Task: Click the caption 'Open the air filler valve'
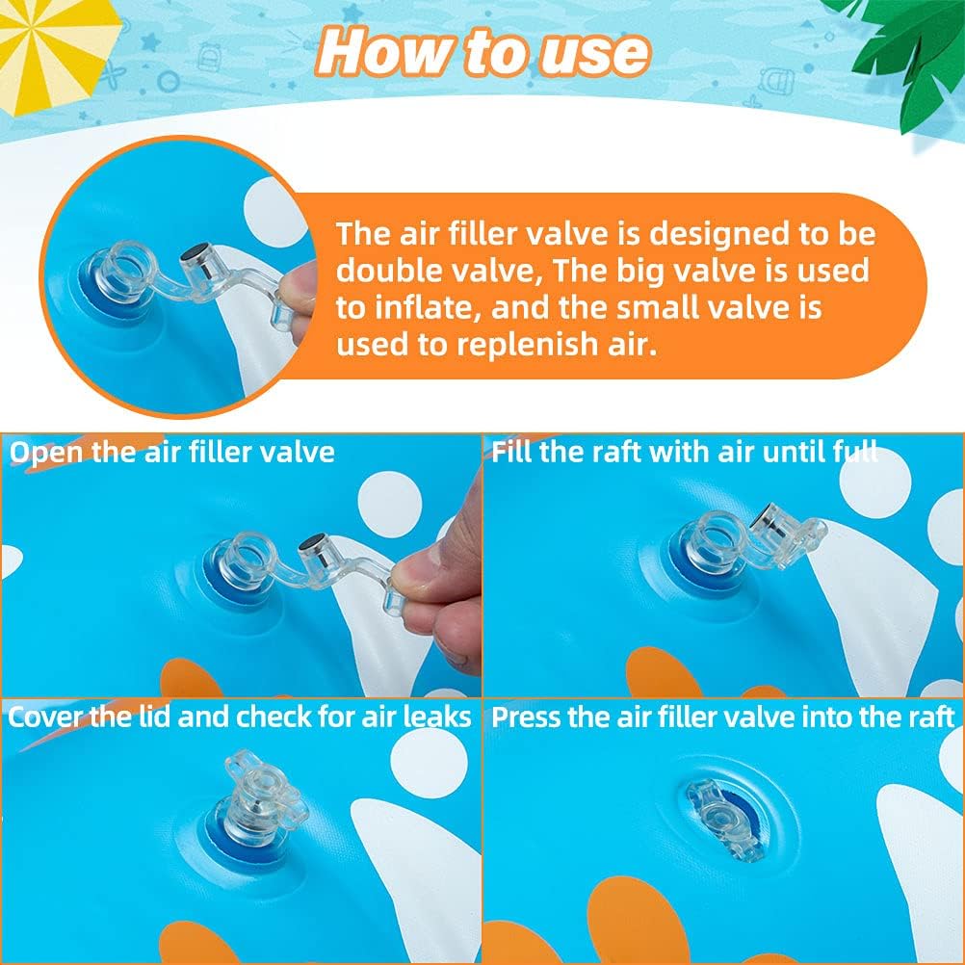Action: (x=171, y=452)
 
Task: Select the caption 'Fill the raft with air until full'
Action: (x=684, y=452)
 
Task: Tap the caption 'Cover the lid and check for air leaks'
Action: (x=240, y=717)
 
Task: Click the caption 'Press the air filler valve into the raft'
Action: (x=722, y=717)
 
